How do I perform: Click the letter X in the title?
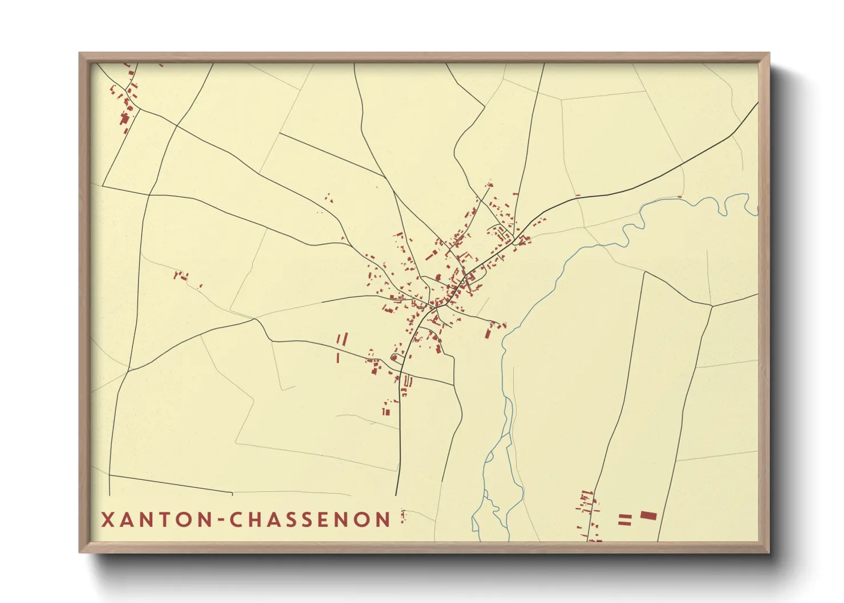tap(107, 519)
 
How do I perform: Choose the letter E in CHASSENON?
tap(336, 519)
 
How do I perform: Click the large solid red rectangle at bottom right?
tap(648, 516)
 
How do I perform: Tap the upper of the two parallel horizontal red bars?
tap(625, 516)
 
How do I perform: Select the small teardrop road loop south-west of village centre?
tap(393, 357)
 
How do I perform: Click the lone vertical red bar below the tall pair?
tap(338, 358)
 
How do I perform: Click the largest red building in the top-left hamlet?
tap(124, 119)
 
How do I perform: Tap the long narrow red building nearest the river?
tap(488, 330)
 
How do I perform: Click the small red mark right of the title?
tap(403, 517)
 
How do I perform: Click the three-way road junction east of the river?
tap(712, 306)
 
